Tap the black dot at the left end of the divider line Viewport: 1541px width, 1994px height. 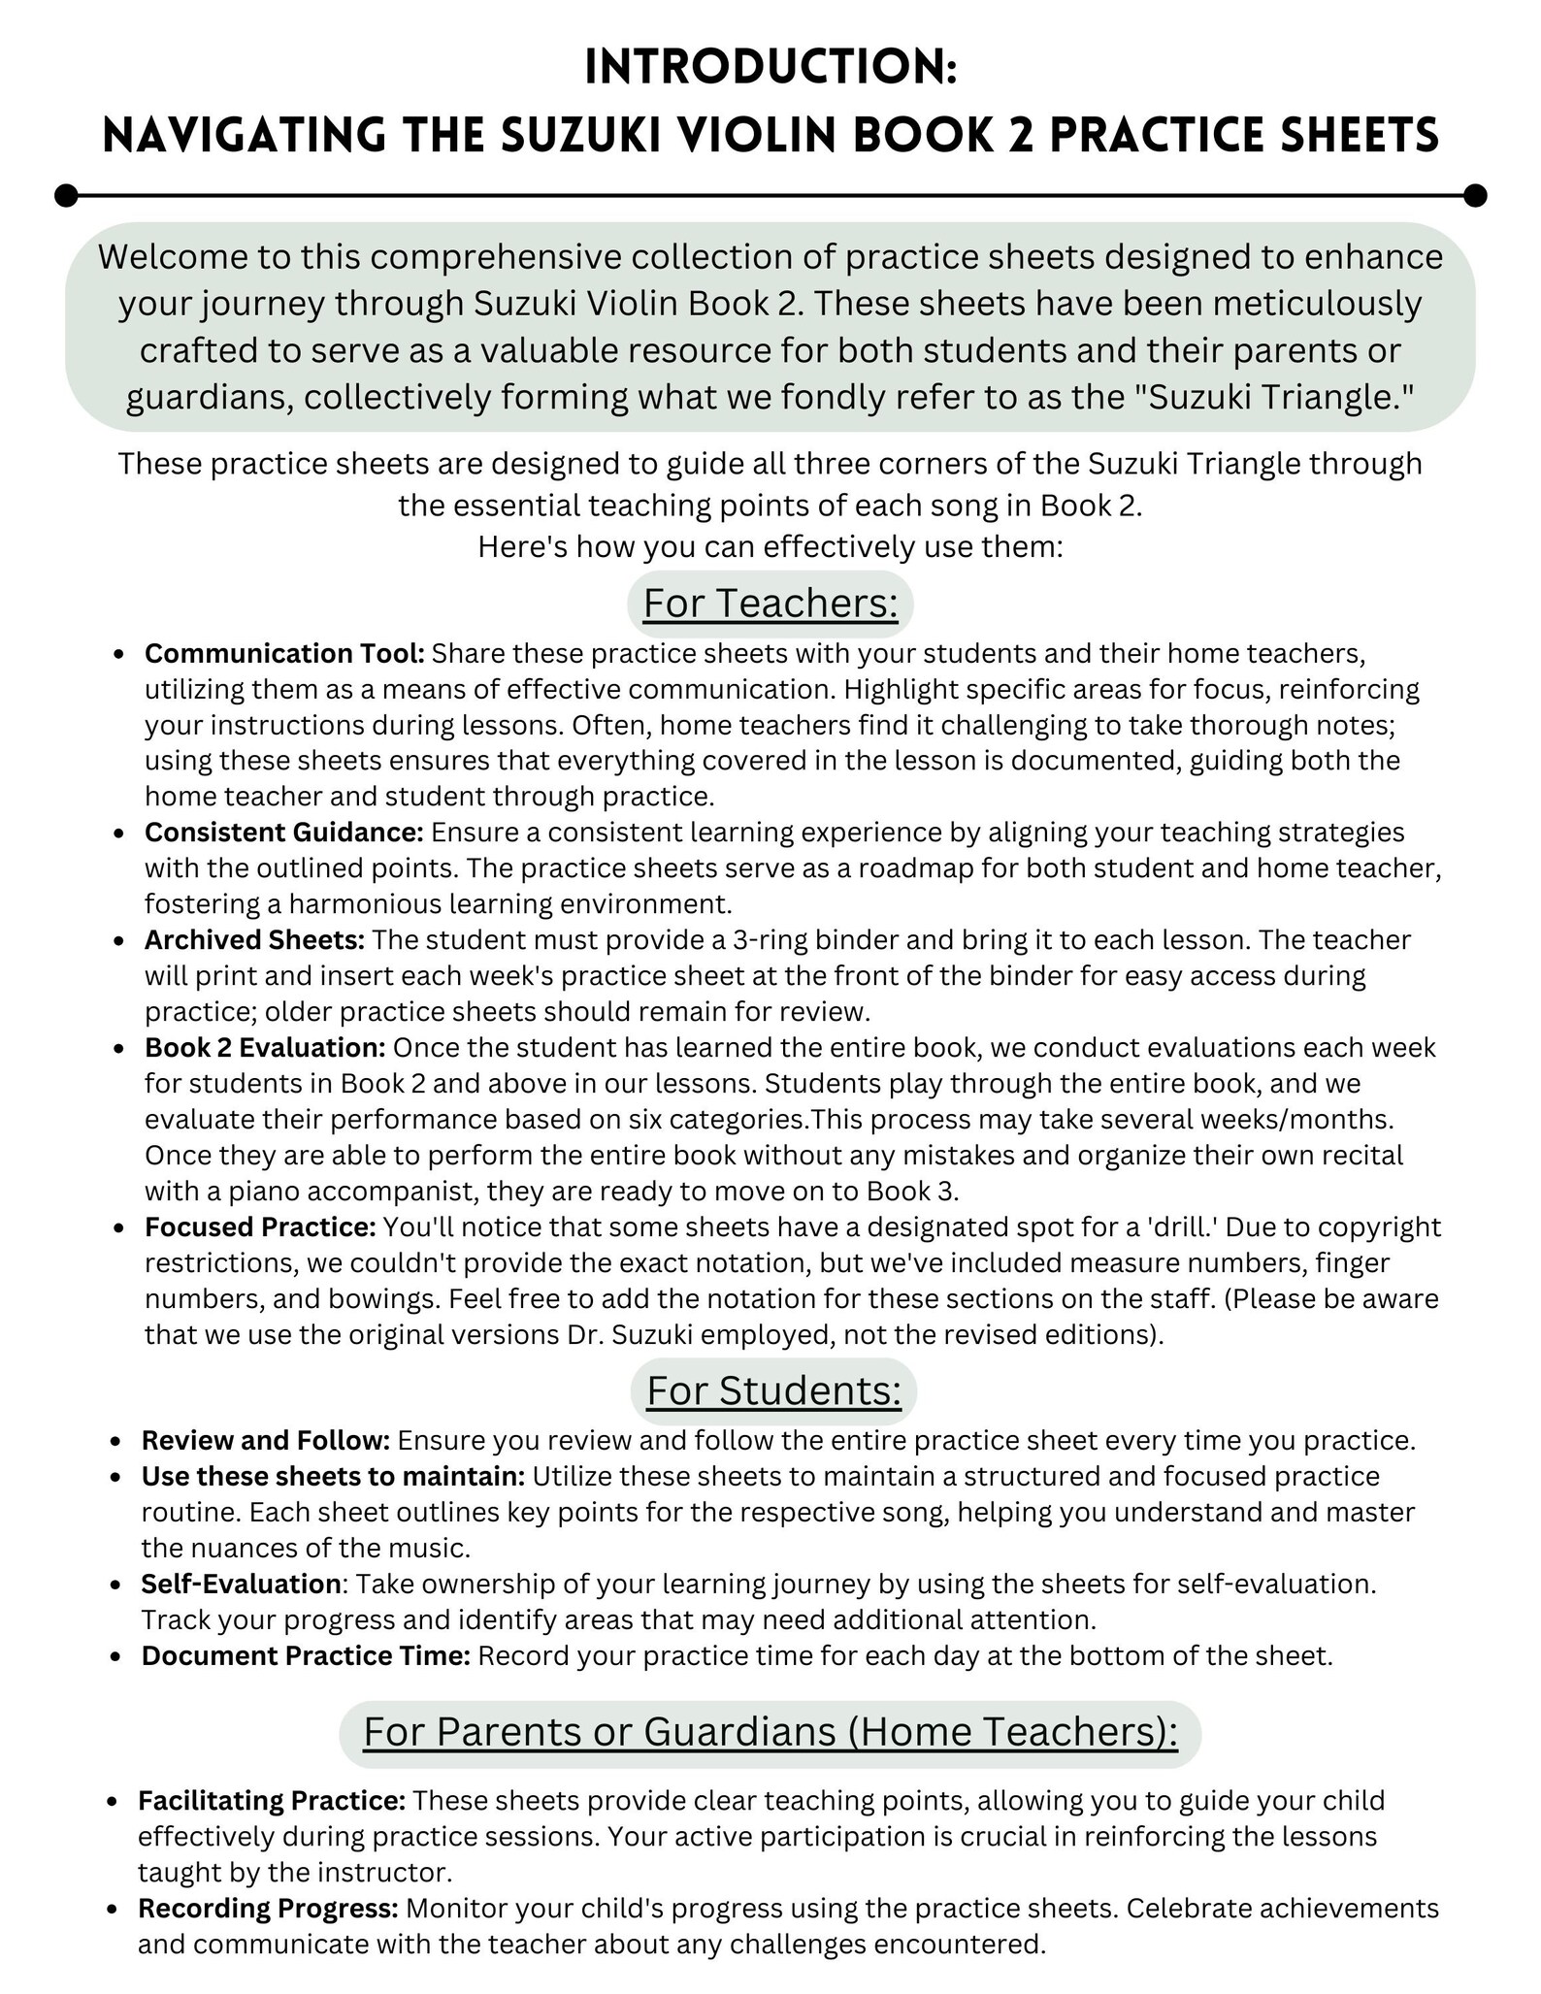pyautogui.click(x=66, y=195)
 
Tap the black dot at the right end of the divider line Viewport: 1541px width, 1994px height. pyautogui.click(x=1475, y=195)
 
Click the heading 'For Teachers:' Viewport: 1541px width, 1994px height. pyautogui.click(x=770, y=604)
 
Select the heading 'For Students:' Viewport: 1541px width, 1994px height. pyautogui.click(x=773, y=1390)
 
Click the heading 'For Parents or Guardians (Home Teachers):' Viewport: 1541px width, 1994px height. pyautogui.click(x=770, y=1732)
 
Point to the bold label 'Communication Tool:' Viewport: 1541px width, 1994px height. pyautogui.click(x=284, y=654)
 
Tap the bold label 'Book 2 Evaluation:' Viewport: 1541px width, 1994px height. pyautogui.click(x=266, y=1048)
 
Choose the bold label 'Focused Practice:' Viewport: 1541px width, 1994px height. pyautogui.click(x=260, y=1226)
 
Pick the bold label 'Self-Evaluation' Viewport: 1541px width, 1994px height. pyautogui.click(x=241, y=1584)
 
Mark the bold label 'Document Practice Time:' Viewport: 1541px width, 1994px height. pyautogui.click(x=306, y=1655)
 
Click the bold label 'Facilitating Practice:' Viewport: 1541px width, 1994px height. pyautogui.click(x=271, y=1801)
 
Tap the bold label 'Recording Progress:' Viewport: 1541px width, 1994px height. pyautogui.click(x=268, y=1909)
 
